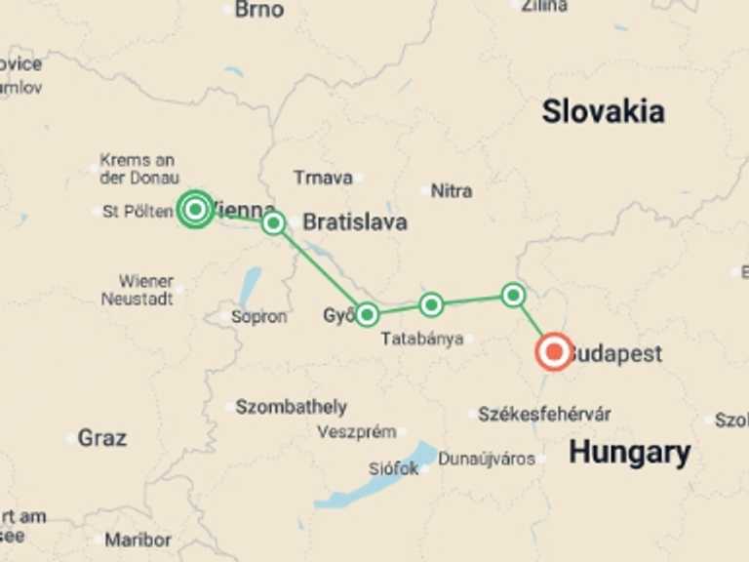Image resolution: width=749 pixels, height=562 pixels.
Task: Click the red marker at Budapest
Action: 554,351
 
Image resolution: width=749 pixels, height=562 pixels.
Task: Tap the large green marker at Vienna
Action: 195,209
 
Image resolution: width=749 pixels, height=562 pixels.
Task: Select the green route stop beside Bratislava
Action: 273,222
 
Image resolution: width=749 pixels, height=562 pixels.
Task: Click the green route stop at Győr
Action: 367,314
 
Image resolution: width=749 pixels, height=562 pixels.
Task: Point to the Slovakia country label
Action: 603,111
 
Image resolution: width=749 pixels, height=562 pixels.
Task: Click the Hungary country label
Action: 629,453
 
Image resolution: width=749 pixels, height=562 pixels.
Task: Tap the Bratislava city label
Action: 354,222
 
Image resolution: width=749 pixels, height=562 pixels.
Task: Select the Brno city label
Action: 259,10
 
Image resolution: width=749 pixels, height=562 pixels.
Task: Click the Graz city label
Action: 101,438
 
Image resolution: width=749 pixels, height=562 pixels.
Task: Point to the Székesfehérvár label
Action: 544,415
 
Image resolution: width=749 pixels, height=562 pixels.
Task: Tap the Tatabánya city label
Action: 421,340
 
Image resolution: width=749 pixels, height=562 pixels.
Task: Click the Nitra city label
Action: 451,190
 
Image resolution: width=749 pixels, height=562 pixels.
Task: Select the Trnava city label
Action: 322,178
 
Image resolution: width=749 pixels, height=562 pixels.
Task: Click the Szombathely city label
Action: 291,407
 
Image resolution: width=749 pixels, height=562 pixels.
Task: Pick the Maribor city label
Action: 138,540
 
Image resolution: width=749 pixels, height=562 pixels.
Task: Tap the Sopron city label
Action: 258,317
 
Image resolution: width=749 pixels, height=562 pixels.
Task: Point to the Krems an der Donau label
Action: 138,169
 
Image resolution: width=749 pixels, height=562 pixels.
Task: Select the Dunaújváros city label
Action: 486,459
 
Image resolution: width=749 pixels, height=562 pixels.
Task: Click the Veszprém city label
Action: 357,432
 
